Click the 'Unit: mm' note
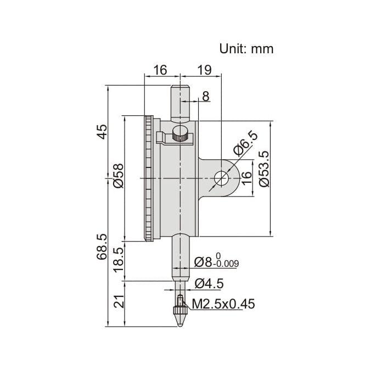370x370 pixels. click(246, 48)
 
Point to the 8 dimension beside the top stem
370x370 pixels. click(205, 97)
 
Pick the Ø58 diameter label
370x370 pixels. click(117, 176)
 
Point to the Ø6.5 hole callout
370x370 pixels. click(245, 144)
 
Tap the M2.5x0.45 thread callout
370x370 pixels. click(222, 304)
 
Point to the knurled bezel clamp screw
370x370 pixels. click(179, 133)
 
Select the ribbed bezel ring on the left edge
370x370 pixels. click(149, 178)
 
